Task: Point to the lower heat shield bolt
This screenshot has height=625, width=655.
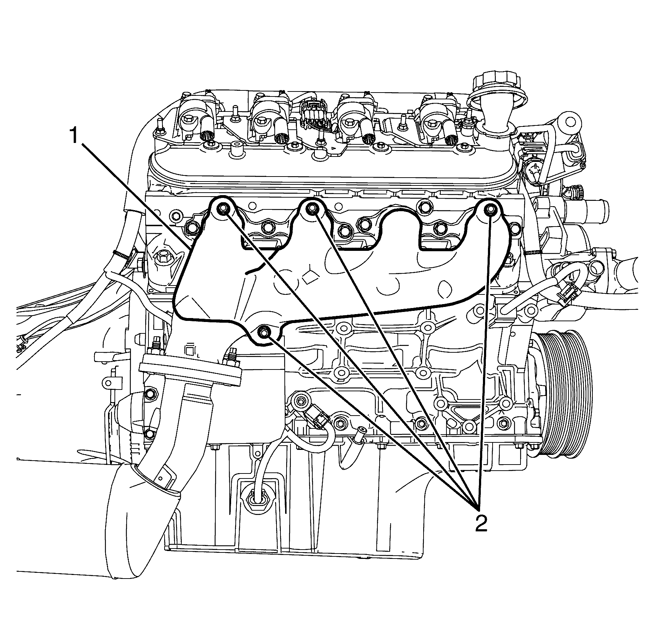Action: tap(264, 332)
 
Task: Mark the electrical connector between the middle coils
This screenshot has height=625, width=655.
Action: tap(314, 115)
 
